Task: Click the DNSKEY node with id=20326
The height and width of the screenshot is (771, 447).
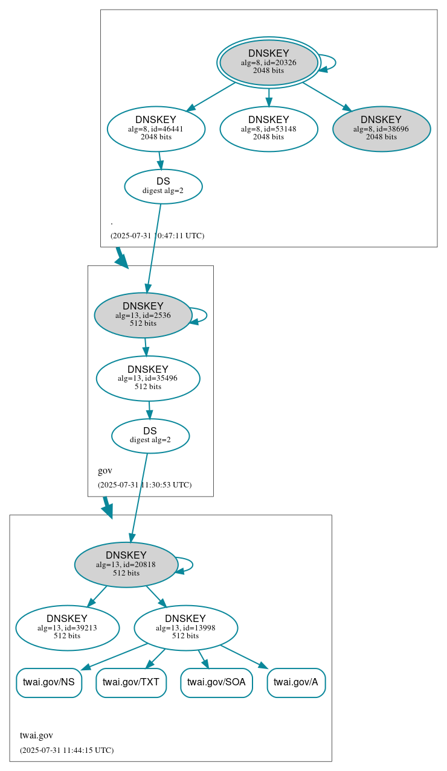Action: point(269,62)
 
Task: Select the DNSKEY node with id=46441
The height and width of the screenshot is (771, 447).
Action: point(156,128)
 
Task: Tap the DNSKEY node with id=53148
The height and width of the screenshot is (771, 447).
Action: point(269,128)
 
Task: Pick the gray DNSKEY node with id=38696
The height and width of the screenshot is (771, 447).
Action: point(381,128)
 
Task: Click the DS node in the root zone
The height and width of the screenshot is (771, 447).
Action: point(163,186)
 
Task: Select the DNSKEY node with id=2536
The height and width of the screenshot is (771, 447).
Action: point(143,315)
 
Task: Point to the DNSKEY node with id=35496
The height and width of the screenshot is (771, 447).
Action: point(148,378)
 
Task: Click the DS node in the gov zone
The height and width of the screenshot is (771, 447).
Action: point(150,436)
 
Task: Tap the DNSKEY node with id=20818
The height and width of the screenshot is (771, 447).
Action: point(126,565)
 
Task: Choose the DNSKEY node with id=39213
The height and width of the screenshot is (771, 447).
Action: point(67,628)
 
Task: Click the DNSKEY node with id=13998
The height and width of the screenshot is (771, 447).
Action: point(185,628)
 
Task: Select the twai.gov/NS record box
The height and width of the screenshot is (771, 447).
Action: point(49,682)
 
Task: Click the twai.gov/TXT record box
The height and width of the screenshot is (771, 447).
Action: point(131,682)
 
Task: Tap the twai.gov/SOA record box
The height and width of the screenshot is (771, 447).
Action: point(216,682)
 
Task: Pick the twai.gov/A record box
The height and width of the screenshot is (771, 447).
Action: point(296,682)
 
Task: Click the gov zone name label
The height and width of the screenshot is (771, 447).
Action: point(105,471)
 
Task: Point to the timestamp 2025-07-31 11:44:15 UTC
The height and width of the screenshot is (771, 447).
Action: point(66,750)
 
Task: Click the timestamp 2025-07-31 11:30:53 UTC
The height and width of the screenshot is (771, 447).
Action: point(144,484)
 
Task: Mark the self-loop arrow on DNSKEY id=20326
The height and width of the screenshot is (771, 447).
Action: point(334,62)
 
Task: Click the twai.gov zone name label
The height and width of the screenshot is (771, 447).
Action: point(36,735)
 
